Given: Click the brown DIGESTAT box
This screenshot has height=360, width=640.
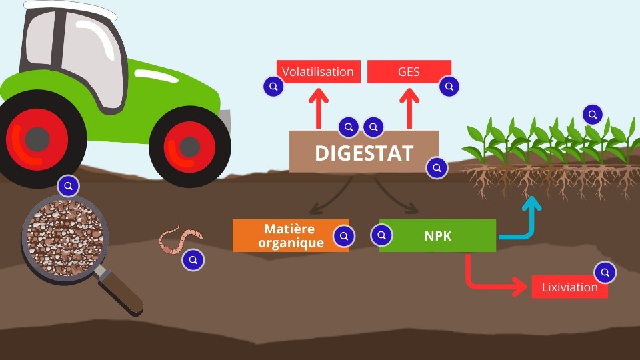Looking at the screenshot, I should tap(363, 152).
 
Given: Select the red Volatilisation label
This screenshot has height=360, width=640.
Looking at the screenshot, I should tap(318, 71).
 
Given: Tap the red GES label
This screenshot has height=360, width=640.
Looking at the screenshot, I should tap(409, 71).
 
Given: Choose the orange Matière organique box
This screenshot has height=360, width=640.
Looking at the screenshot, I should tap(287, 235).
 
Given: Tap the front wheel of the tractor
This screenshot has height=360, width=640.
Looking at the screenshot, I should tap(189, 145).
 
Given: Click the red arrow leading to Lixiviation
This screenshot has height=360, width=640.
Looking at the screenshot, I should tap(480, 280).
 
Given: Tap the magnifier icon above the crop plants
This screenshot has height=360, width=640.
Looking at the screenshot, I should tap(592, 114).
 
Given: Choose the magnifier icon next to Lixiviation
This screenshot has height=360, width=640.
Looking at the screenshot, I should tap(605, 272).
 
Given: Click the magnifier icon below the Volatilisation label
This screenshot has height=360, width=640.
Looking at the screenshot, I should tap(272, 87).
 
